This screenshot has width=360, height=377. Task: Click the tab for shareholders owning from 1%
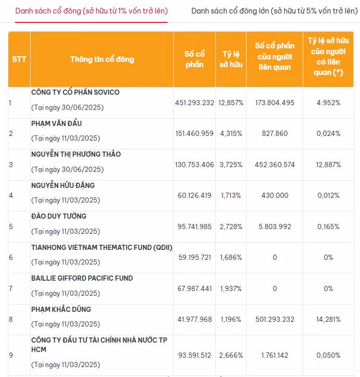click(91, 11)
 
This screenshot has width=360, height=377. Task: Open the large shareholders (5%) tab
click(271, 11)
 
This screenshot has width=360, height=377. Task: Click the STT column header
click(19, 59)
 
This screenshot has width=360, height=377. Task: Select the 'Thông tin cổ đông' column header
click(102, 59)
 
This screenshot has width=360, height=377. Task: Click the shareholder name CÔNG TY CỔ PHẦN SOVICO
click(75, 92)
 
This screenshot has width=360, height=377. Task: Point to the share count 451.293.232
click(195, 103)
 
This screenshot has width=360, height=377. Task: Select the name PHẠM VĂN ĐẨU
click(57, 123)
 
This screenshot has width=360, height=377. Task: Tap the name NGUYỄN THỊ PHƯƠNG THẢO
click(76, 154)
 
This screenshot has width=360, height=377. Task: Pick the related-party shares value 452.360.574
click(275, 165)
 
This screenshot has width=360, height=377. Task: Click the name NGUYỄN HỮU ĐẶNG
click(63, 185)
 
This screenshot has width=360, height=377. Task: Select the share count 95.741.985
click(195, 227)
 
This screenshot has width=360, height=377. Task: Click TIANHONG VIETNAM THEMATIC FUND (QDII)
click(101, 247)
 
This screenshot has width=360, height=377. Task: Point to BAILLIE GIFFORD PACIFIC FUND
click(82, 278)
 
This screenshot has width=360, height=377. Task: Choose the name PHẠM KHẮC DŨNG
click(61, 309)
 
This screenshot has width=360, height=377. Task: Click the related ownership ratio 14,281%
click(328, 319)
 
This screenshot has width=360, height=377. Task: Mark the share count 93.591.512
click(195, 355)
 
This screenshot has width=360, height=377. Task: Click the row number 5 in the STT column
click(10, 227)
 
